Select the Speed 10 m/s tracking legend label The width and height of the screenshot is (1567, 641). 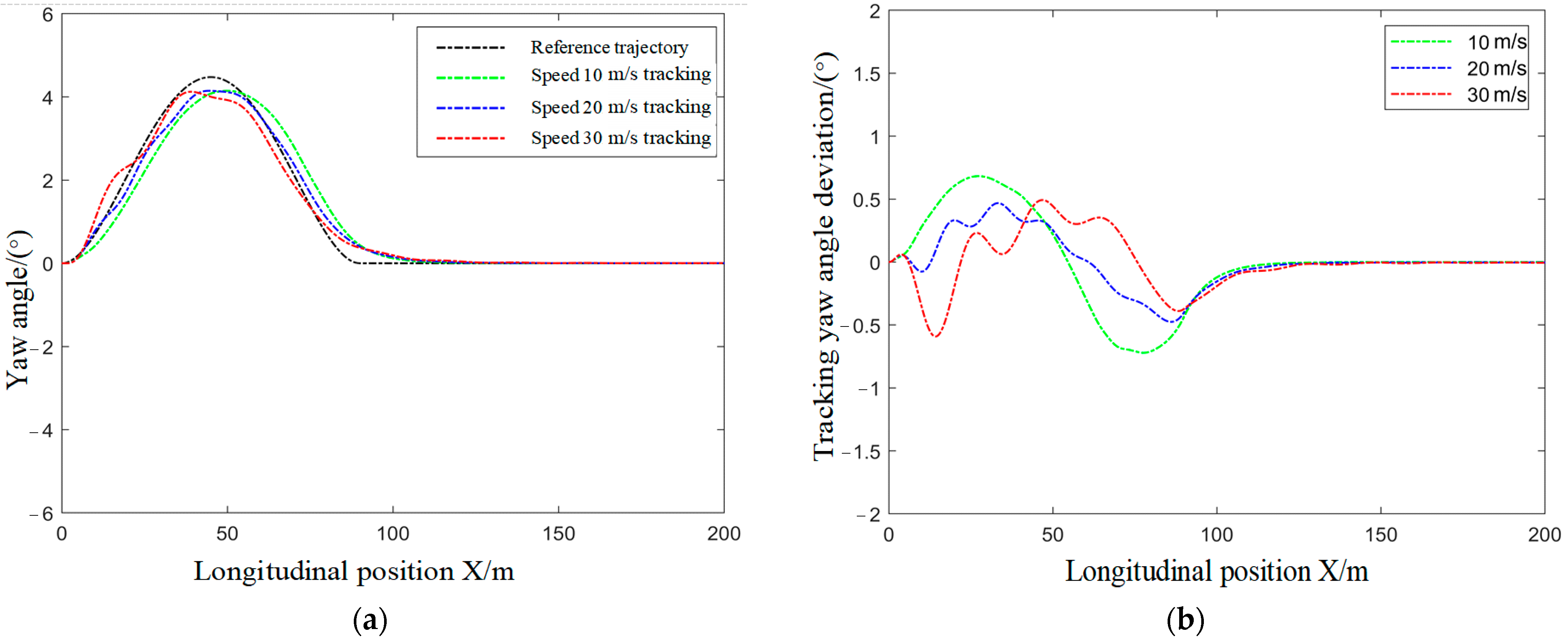(620, 75)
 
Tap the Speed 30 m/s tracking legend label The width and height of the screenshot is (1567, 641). (620, 138)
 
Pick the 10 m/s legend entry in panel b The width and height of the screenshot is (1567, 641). (1496, 42)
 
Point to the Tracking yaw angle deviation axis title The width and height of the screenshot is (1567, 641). (825, 255)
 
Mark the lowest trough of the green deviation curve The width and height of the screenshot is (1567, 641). (1144, 353)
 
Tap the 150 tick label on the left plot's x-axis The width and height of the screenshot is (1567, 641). (558, 534)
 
